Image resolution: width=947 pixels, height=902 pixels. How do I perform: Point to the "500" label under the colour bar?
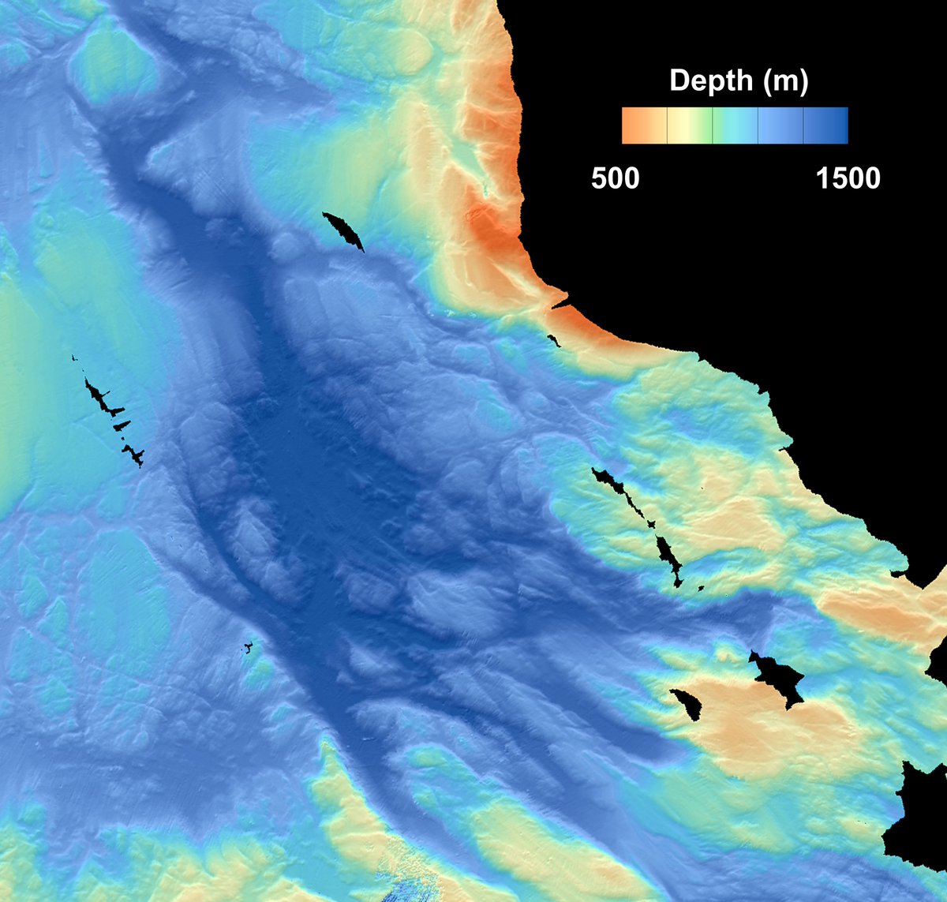click(616, 178)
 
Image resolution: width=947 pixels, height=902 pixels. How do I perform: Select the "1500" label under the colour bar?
click(848, 178)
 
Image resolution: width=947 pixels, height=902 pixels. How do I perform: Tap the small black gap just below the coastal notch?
click(553, 340)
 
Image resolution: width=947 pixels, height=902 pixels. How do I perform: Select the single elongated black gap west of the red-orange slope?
click(343, 230)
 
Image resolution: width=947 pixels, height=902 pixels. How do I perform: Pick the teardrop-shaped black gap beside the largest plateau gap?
click(687, 703)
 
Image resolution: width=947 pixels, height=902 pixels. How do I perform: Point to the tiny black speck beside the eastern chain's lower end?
click(701, 587)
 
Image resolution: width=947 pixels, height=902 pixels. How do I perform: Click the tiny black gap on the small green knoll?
click(249, 648)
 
